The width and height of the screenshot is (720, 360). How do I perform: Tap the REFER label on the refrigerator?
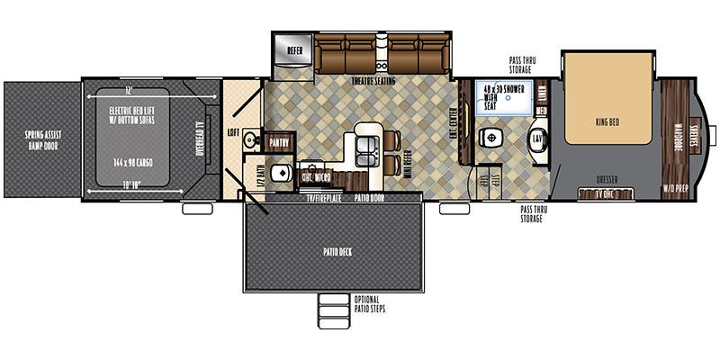(x=294, y=50)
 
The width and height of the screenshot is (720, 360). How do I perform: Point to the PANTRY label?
(x=277, y=141)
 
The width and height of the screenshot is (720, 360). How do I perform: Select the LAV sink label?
(x=537, y=139)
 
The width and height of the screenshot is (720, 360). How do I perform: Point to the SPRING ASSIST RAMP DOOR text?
(x=40, y=139)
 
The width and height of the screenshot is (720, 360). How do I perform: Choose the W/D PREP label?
(x=674, y=188)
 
